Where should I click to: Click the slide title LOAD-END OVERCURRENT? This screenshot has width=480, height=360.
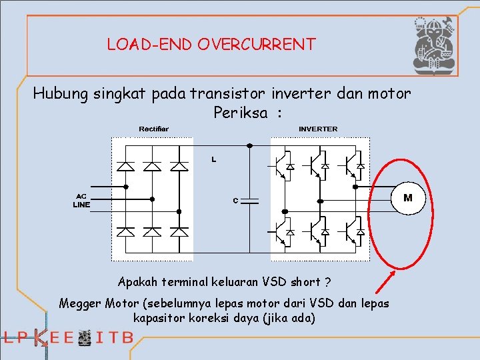(211, 45)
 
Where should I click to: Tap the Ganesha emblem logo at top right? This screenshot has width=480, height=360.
(434, 45)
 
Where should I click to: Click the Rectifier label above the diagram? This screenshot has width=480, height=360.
(153, 129)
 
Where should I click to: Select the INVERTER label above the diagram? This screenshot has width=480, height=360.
(318, 129)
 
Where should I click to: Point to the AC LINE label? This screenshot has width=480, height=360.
(81, 201)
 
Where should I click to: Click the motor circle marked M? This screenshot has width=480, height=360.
(407, 197)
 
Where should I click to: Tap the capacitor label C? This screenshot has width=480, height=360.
(235, 200)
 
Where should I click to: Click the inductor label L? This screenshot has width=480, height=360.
(213, 160)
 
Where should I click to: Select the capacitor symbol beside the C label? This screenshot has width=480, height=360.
(250, 200)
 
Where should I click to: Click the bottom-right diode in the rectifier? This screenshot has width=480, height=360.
(179, 231)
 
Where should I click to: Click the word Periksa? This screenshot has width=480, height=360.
(237, 113)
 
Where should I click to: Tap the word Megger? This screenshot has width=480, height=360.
(80, 303)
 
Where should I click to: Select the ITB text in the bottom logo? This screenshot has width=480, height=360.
(115, 338)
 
